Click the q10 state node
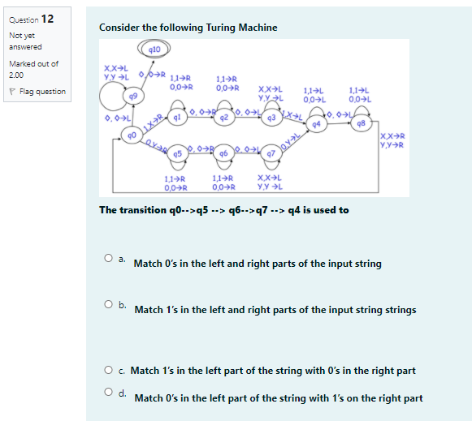pos(153,49)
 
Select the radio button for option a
pos(107,260)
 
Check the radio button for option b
pos(107,306)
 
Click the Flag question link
pos(41,92)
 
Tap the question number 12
pos(48,19)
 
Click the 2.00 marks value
pos(17,75)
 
